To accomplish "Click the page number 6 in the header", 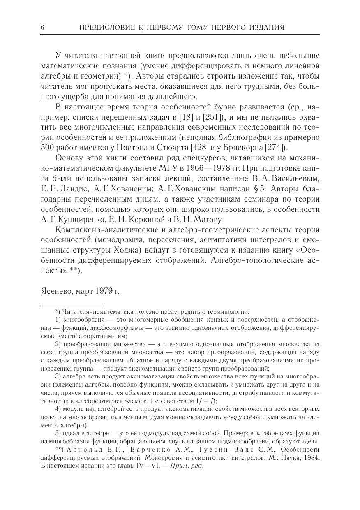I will click(43, 28).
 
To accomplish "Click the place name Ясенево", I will click(57, 291).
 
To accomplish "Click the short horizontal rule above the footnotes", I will click(71, 306).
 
